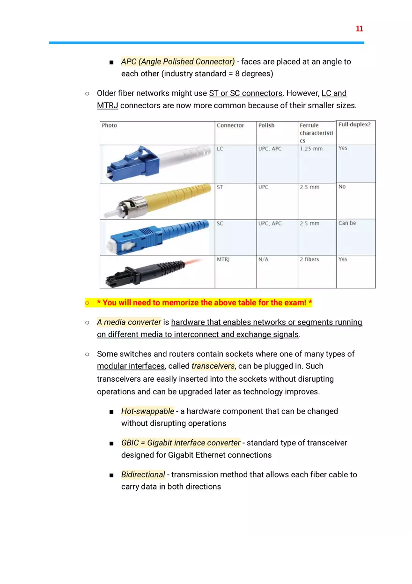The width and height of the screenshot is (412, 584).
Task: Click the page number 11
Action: pos(359,29)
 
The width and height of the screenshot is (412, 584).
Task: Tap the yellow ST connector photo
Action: pos(157,201)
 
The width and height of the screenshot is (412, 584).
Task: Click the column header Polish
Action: pos(266,126)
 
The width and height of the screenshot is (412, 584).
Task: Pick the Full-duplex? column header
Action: pos(354,125)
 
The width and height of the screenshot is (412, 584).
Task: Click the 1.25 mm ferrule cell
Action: pos(311,149)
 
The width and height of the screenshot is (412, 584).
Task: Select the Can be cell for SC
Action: pos(347,223)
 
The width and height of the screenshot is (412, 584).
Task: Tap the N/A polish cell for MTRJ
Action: pos(263,259)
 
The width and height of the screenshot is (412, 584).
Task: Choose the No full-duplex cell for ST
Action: pos(342,187)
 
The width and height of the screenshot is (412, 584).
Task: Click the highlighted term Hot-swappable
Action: pos(147,411)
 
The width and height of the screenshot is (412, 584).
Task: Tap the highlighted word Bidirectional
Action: pos(143,474)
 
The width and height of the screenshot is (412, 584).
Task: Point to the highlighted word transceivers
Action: pos(213,366)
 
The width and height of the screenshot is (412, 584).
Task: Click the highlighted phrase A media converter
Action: pos(129,322)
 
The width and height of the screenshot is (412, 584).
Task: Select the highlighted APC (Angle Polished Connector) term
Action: pos(178,62)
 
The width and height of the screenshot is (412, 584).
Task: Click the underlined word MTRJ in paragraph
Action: pos(107,106)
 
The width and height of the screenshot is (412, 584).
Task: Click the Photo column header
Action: pos(110,126)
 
